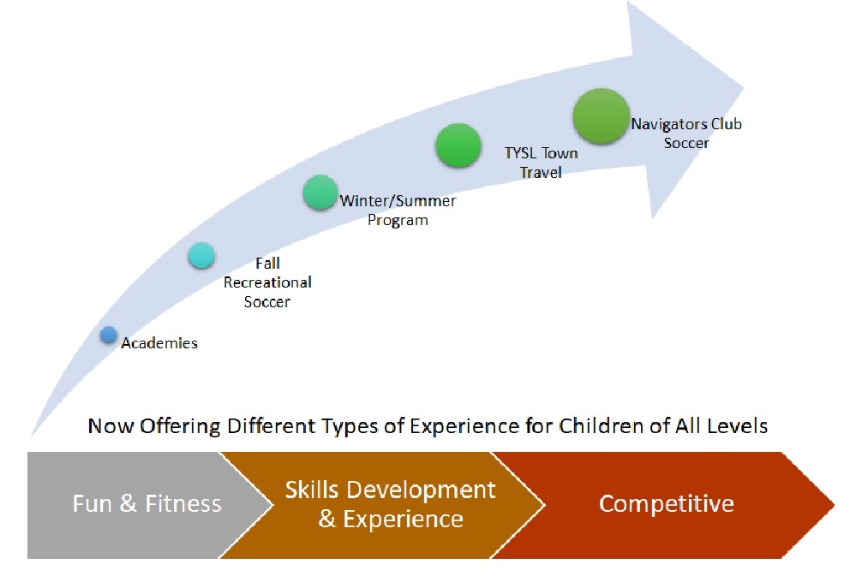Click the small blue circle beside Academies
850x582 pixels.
coord(109,336)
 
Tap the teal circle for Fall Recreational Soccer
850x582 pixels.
coord(201,256)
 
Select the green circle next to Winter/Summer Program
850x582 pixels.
coord(320,193)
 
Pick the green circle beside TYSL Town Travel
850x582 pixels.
coord(458,145)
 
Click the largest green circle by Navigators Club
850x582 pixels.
coord(602,116)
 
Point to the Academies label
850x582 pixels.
coord(159,343)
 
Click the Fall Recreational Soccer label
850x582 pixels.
coord(267,282)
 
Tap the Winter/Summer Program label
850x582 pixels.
coord(398,210)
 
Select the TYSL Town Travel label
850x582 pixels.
coord(541,163)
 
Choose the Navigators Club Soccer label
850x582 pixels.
coord(686,134)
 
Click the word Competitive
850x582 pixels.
coord(667,504)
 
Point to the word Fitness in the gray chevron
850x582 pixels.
coord(183,503)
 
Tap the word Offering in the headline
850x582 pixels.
coord(180,426)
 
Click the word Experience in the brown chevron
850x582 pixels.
coord(403,520)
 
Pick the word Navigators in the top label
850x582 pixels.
coord(669,124)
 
